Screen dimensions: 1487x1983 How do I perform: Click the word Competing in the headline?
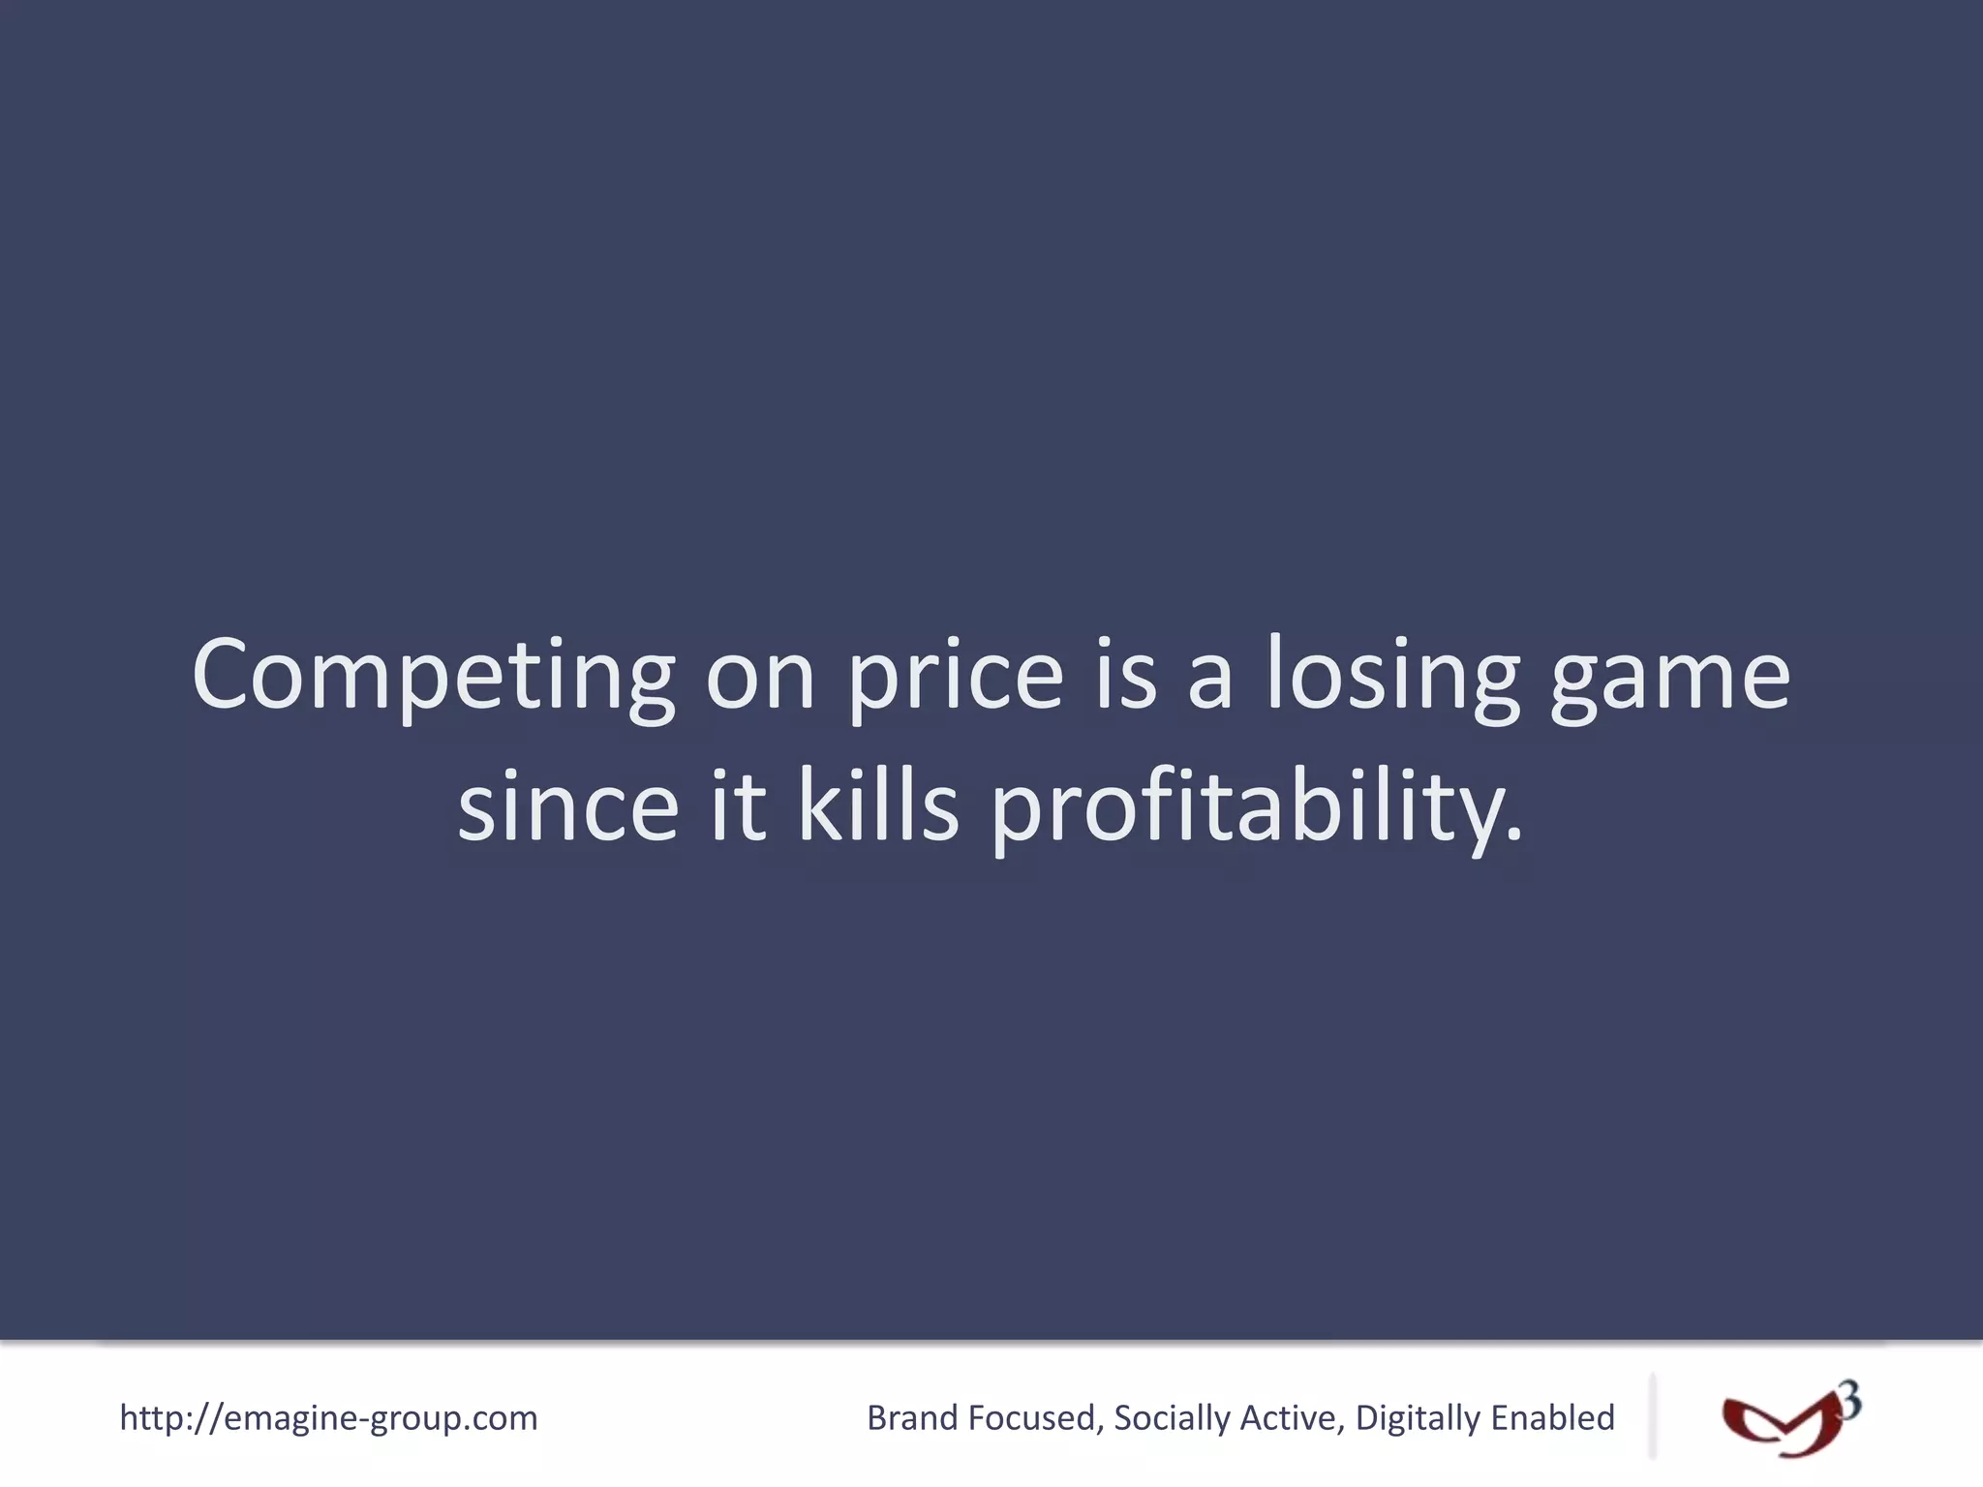click(433, 675)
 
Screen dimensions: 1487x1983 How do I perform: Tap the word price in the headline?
click(955, 675)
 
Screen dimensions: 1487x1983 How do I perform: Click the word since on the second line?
click(567, 806)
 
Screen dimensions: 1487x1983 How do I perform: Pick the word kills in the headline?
click(877, 806)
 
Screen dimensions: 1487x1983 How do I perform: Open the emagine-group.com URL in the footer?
click(328, 1418)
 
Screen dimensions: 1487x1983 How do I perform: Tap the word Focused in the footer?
click(1034, 1418)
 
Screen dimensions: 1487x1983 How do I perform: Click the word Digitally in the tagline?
click(1418, 1418)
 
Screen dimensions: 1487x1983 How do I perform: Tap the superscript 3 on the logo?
click(1849, 1401)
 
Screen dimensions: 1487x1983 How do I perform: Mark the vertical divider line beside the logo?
click(1652, 1415)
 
